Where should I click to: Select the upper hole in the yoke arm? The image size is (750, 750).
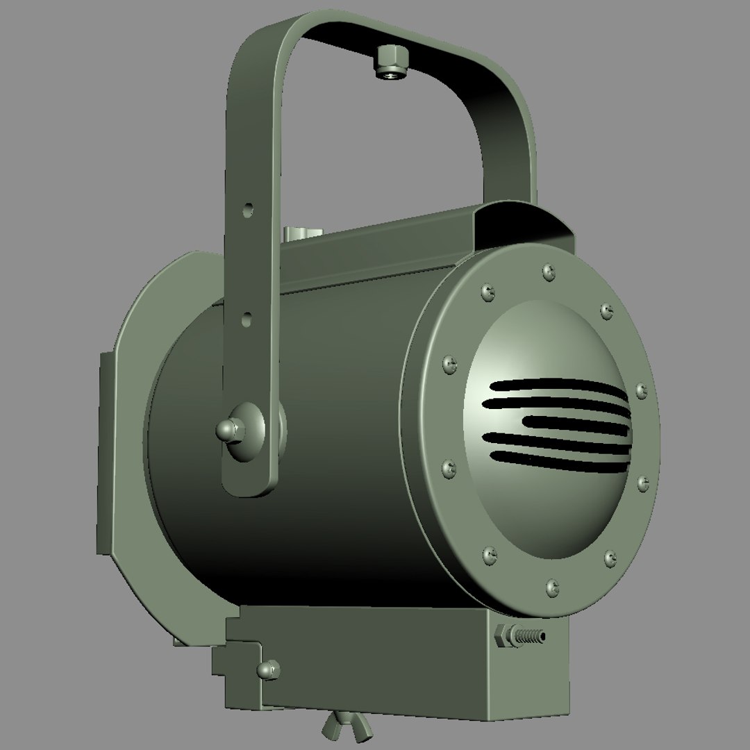click(249, 208)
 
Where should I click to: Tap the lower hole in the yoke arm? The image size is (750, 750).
click(247, 320)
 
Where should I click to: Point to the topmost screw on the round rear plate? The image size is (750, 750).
click(549, 272)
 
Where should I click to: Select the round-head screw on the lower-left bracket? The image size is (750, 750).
click(267, 669)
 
